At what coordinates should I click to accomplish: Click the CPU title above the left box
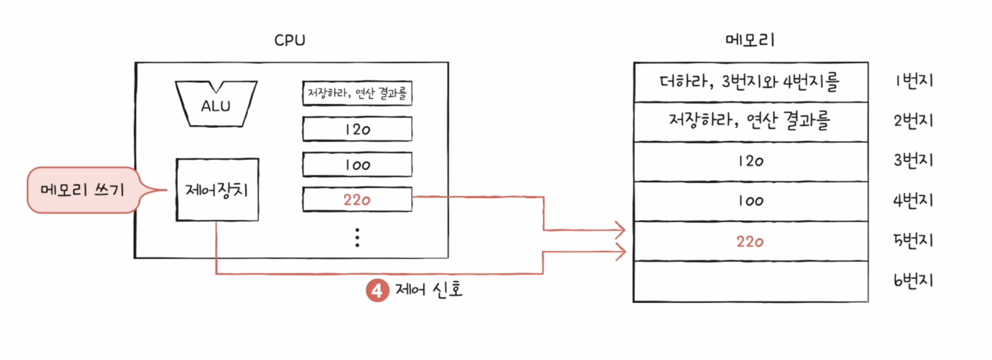pyautogui.click(x=290, y=40)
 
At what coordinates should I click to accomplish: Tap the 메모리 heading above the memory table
pyautogui.click(x=750, y=40)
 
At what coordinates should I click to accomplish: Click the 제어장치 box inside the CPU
pyautogui.click(x=217, y=190)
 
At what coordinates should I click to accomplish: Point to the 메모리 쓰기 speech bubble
pyautogui.click(x=83, y=191)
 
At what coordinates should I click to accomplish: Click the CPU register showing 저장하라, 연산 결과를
pyautogui.click(x=357, y=93)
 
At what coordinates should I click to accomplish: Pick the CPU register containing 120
pyautogui.click(x=357, y=129)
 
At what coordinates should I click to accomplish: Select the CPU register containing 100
pyautogui.click(x=357, y=164)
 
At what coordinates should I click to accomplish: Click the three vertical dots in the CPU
pyautogui.click(x=357, y=237)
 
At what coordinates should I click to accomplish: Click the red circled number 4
pyautogui.click(x=377, y=291)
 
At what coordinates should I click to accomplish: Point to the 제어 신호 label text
pyautogui.click(x=429, y=291)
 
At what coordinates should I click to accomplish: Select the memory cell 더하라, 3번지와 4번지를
pyautogui.click(x=750, y=82)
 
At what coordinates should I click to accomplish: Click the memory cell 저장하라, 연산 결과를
pyautogui.click(x=750, y=121)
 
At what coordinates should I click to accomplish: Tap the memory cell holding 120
pyautogui.click(x=750, y=161)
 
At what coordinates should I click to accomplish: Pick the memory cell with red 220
pyautogui.click(x=750, y=241)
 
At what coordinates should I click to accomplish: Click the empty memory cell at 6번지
pyautogui.click(x=750, y=281)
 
